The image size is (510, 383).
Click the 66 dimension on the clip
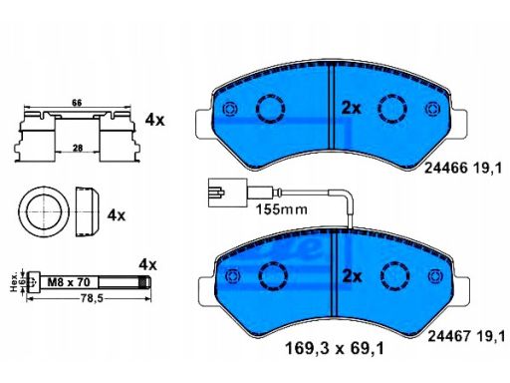[77, 103]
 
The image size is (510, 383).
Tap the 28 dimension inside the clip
[78, 148]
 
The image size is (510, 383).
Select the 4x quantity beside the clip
[154, 120]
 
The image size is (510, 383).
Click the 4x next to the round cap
[117, 215]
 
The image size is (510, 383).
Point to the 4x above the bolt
[147, 265]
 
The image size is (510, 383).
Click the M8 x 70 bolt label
[69, 282]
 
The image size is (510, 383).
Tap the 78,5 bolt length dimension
[92, 299]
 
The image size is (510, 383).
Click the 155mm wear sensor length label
[281, 209]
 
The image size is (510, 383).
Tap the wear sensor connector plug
[227, 192]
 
